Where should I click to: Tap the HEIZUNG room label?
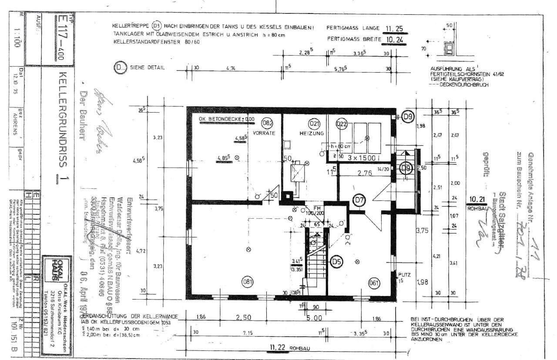[x=312, y=133]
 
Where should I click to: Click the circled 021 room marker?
[x=314, y=123]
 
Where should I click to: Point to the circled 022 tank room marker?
[x=342, y=123]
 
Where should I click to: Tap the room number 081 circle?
[x=248, y=282]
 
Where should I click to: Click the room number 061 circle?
[x=374, y=282]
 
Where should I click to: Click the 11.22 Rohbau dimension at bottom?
[x=277, y=347]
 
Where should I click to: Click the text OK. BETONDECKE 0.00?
[x=226, y=118]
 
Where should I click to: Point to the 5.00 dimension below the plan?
[x=314, y=318]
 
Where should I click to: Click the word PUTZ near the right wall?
[x=404, y=275]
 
